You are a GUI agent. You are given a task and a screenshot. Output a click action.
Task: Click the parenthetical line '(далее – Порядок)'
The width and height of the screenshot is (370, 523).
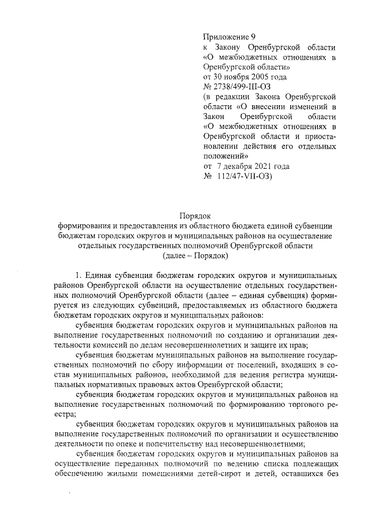(x=196, y=255)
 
